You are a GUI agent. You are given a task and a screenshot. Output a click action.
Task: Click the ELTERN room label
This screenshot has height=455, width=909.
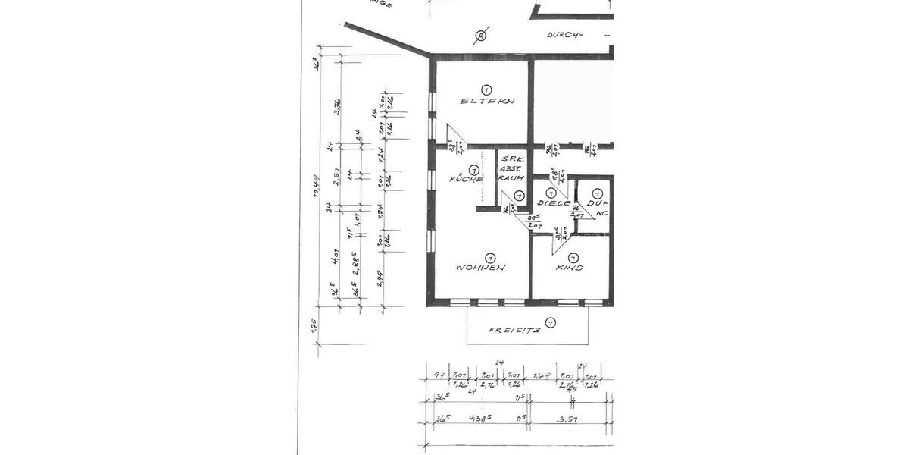[x=488, y=101]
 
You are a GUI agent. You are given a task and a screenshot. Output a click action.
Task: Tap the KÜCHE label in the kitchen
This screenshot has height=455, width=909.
[x=466, y=179]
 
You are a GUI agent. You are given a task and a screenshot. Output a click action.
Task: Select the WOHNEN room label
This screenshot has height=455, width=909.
[x=480, y=267]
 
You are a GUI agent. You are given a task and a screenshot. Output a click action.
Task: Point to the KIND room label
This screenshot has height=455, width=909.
[x=569, y=268]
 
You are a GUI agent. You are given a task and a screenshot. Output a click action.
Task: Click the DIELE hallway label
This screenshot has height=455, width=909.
[x=553, y=204]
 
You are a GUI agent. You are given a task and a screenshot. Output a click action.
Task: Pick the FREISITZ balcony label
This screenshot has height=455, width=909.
[x=514, y=330]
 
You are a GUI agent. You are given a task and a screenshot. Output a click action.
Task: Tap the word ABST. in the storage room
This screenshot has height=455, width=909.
[x=508, y=168]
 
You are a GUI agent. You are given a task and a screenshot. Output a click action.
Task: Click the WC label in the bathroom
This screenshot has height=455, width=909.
[x=601, y=214]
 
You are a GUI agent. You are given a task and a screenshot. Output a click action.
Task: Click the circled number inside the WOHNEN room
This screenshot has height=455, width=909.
[x=490, y=257]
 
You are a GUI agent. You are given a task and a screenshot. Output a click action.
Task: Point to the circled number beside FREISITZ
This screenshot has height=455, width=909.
[x=551, y=324]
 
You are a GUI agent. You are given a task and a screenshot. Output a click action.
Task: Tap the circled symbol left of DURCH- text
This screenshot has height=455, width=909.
[x=479, y=35]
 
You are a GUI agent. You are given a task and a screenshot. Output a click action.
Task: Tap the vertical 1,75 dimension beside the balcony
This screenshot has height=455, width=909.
[x=314, y=327]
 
